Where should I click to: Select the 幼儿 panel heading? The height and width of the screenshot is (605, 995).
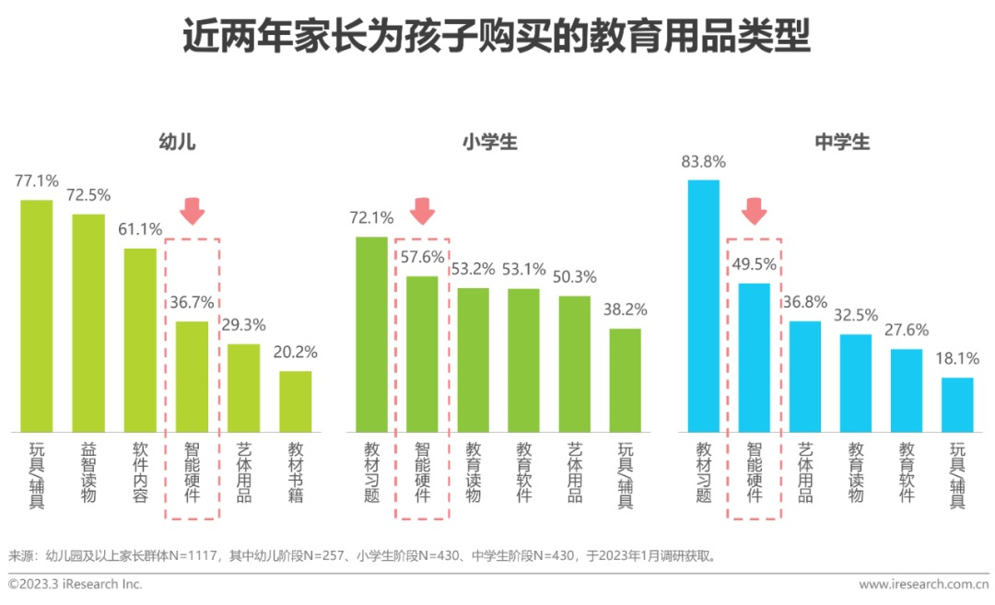pos(177,142)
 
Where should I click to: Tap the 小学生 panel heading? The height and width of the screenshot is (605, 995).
pos(490,142)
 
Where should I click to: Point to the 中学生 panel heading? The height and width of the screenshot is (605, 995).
pos(842,142)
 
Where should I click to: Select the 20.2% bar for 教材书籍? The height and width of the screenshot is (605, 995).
pos(296,401)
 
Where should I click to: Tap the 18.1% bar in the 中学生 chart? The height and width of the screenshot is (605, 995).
pos(957,404)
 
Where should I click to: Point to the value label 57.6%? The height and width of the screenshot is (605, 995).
pos(422,257)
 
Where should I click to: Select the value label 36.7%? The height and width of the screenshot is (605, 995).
pos(192,302)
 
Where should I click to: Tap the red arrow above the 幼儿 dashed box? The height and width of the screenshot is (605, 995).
pos(192,211)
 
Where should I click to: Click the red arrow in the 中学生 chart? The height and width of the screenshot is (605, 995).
pos(755,211)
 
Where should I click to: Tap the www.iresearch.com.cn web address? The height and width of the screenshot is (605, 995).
pos(922,584)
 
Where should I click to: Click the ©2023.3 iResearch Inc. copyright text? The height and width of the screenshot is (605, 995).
pos(76,584)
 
